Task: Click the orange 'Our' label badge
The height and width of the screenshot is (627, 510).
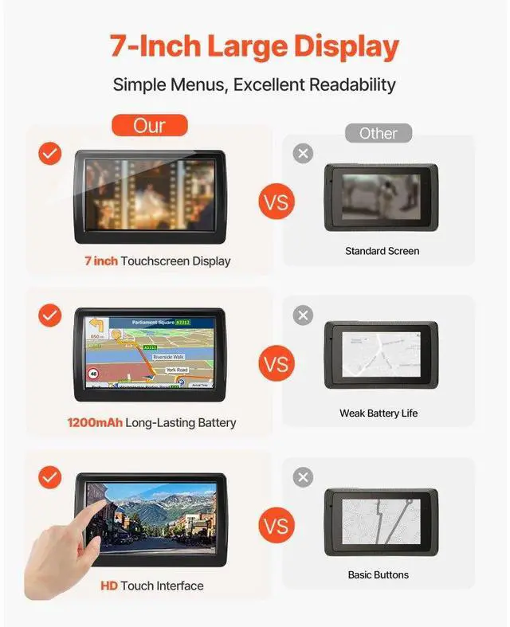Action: [149, 125]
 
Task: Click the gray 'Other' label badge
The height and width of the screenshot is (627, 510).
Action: [378, 133]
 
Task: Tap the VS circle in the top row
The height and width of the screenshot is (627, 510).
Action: [276, 202]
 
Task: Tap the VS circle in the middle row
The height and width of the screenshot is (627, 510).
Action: [276, 364]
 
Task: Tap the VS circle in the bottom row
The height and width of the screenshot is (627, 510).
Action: [276, 527]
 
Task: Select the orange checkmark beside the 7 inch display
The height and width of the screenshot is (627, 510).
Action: [50, 154]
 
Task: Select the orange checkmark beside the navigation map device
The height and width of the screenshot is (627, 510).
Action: [50, 315]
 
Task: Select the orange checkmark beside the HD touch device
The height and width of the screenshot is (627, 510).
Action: [50, 477]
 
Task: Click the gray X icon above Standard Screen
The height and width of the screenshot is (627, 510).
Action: [303, 154]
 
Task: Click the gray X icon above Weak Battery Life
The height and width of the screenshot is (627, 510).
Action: [303, 315]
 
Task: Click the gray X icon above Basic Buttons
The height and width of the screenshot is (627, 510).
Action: [303, 477]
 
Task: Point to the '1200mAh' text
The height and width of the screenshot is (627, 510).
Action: [95, 422]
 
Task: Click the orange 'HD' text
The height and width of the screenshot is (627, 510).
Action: [109, 586]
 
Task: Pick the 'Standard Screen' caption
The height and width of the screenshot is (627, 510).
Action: [382, 251]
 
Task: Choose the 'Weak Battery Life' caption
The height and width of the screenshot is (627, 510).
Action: [379, 413]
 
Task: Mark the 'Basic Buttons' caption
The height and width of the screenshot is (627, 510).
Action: [379, 574]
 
